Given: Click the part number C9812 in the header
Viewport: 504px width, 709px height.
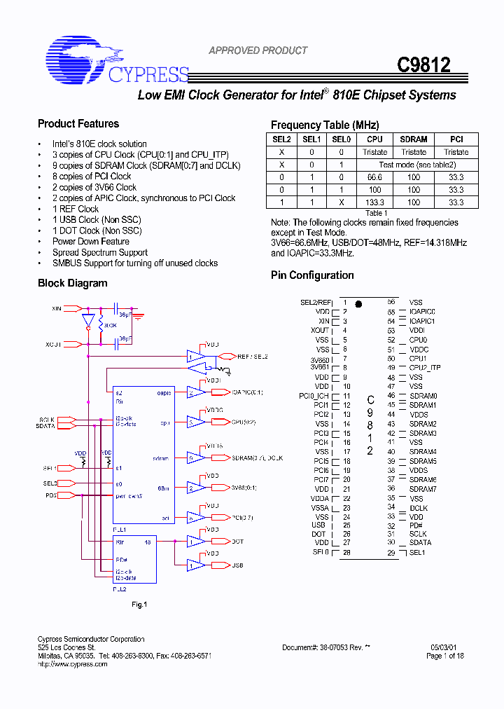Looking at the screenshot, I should click(x=423, y=65).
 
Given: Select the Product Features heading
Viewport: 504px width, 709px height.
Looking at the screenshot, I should click(x=78, y=124).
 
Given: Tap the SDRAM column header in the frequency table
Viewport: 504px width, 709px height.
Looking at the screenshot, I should click(x=414, y=139).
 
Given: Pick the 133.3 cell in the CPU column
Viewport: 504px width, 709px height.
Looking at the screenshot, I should click(x=375, y=202).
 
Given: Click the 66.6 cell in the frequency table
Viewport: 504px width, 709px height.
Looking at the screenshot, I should click(x=375, y=178).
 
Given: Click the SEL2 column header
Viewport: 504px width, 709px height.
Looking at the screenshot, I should click(x=282, y=139).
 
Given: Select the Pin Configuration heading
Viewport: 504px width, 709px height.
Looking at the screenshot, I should click(x=312, y=275).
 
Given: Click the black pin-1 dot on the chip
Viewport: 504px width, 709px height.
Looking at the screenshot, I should click(x=358, y=304).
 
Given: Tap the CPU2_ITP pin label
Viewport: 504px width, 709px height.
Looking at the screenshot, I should click(x=425, y=368).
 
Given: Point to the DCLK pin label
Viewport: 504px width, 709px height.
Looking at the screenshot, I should click(x=419, y=508).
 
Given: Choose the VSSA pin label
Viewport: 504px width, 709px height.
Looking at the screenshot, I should click(x=320, y=508).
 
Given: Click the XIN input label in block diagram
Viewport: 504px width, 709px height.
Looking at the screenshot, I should click(x=57, y=308).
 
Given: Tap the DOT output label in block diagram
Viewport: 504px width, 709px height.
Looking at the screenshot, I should click(x=237, y=542).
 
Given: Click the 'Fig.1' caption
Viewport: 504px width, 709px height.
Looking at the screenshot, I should click(x=140, y=604).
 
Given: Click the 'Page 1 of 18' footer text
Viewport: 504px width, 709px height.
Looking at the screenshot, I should click(x=445, y=656).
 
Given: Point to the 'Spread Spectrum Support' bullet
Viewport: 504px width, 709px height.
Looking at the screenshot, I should click(x=100, y=252).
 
